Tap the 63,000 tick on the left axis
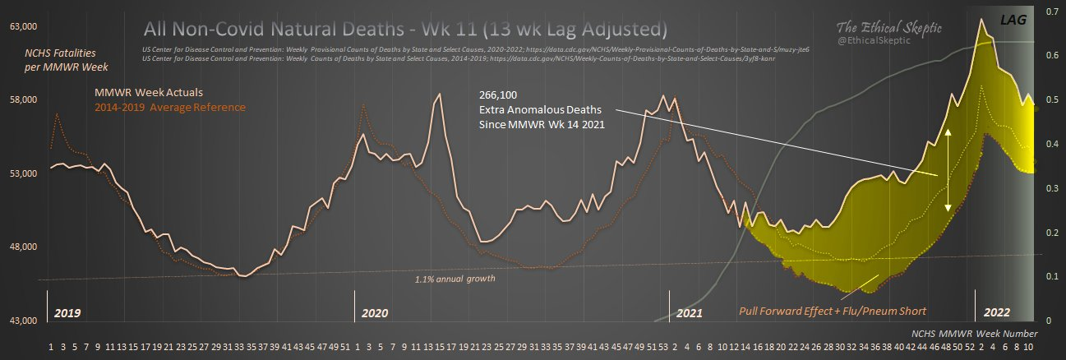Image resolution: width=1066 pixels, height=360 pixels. pyautogui.click(x=22, y=26)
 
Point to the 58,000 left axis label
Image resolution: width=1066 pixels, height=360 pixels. pyautogui.click(x=22, y=100)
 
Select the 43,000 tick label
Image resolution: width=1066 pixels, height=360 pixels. pyautogui.click(x=22, y=321)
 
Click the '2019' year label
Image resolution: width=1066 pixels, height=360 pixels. pyautogui.click(x=67, y=313)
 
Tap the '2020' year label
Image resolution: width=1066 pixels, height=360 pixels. pyautogui.click(x=375, y=313)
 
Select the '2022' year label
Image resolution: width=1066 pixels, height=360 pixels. pyautogui.click(x=996, y=313)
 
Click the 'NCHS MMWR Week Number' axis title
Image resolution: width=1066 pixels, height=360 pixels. pyautogui.click(x=974, y=334)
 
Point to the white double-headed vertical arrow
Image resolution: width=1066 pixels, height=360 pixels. pyautogui.click(x=948, y=170)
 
